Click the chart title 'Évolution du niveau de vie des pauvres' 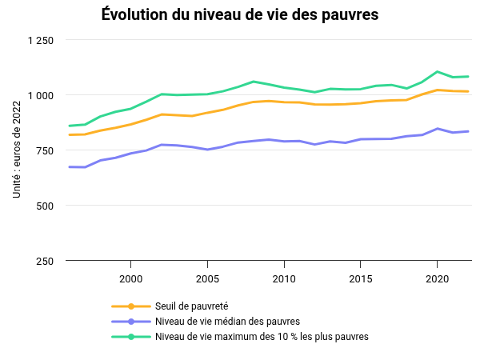coord(240,14)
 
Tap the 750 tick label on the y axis coord(45,151)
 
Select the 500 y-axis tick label coord(45,206)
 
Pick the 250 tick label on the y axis coord(45,261)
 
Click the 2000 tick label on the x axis coord(130,278)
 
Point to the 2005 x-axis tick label coord(207,278)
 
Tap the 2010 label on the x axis coord(284,278)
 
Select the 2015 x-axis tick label coord(360,278)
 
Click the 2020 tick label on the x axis coord(437,278)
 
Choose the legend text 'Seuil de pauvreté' coord(192,306)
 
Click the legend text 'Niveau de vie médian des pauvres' coord(222,322)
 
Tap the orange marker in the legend coord(131,306)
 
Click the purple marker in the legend coord(131,322)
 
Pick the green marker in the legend coord(131,337)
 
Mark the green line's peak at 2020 coord(437,71)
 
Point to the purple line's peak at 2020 coord(437,128)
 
